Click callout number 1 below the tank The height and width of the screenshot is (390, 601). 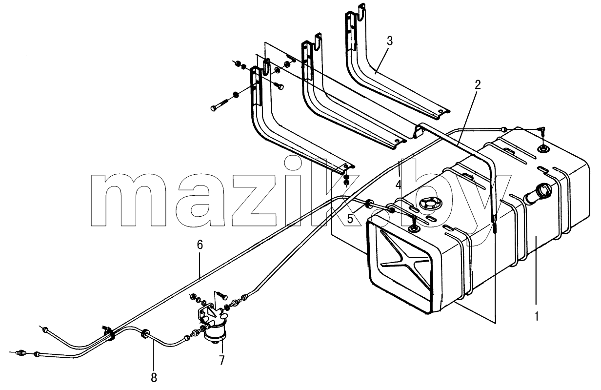coord(536,316)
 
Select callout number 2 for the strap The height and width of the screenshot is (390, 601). coord(477,84)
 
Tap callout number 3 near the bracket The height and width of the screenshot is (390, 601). coord(390,41)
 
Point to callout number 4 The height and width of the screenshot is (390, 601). coord(398,185)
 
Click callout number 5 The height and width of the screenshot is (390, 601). coord(350,219)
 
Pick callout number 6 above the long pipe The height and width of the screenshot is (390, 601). coord(200,245)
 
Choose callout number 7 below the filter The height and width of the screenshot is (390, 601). coord(222,361)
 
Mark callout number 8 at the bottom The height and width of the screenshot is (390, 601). coord(154,378)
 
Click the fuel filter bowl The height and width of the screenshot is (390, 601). coord(215,333)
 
